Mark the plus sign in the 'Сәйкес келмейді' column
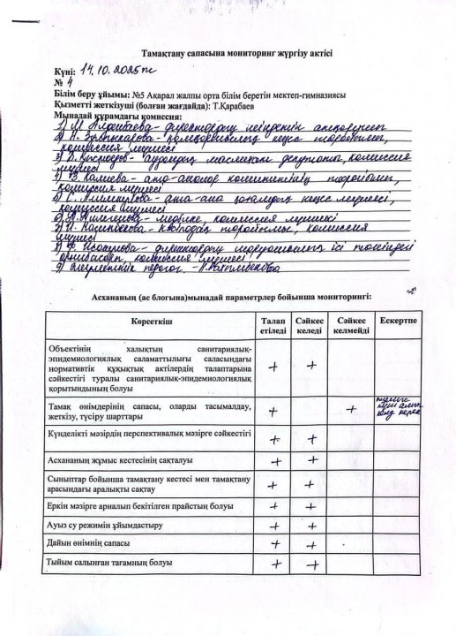point(352,407)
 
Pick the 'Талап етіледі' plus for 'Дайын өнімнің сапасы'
point(276,544)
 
